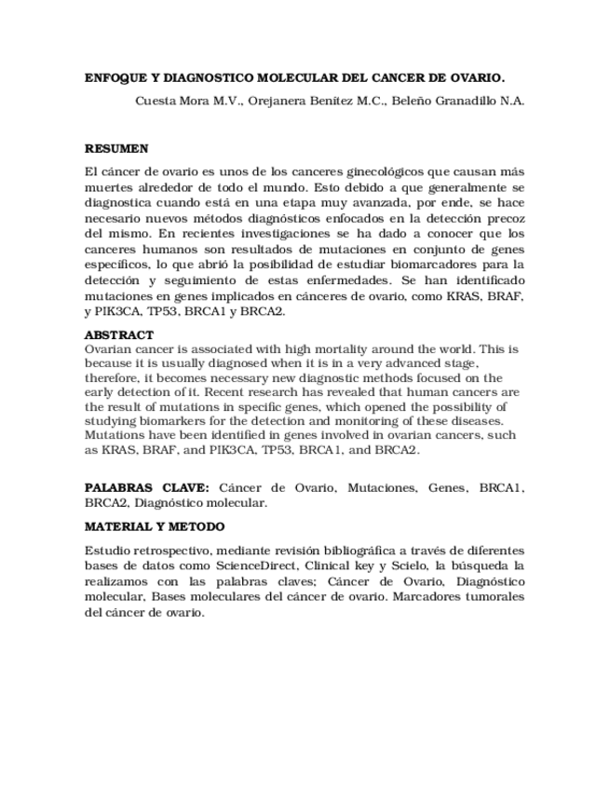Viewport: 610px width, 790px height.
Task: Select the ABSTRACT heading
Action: point(119,334)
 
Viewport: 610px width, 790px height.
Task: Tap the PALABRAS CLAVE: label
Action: point(147,487)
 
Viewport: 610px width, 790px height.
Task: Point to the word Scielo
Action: point(454,566)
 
